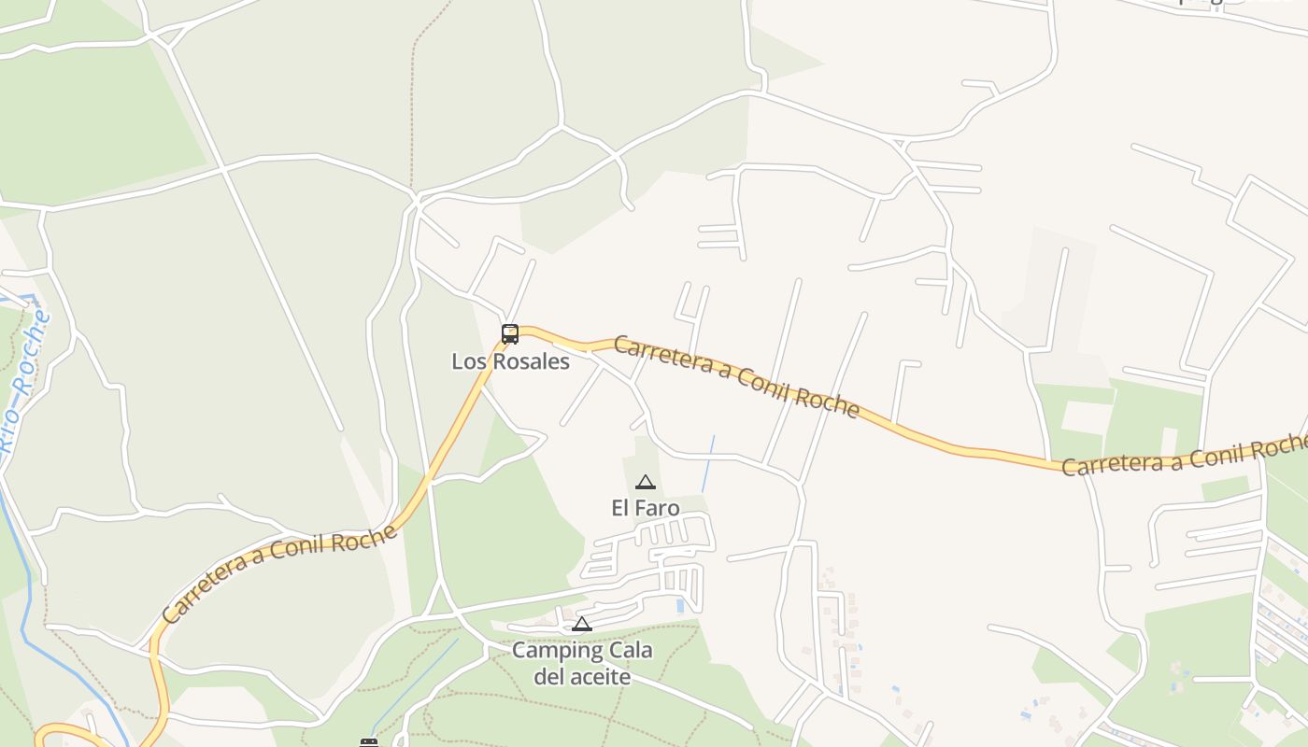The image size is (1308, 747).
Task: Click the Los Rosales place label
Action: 510,361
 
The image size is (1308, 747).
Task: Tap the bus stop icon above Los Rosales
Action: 510,333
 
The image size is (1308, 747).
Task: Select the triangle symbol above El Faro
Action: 645,483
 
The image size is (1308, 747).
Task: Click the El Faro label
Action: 645,508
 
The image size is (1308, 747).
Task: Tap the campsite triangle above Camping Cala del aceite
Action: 582,625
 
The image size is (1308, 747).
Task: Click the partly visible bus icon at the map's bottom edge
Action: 369,742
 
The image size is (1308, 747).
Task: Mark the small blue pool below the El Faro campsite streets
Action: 679,606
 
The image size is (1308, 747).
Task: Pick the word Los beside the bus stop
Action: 467,361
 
